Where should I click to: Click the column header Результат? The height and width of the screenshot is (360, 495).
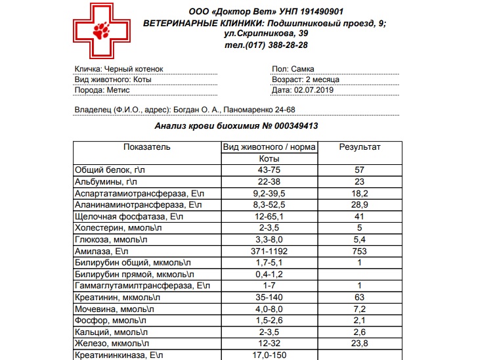tap(359, 147)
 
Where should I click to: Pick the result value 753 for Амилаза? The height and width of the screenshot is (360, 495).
tap(359, 251)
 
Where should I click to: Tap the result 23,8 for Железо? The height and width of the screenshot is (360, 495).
tap(359, 343)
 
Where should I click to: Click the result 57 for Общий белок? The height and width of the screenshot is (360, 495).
tap(359, 170)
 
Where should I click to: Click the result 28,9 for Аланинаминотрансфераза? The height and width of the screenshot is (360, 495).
tap(359, 205)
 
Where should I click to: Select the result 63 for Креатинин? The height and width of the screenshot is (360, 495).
tap(359, 297)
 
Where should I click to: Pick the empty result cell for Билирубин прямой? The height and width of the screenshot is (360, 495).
tap(359, 274)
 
